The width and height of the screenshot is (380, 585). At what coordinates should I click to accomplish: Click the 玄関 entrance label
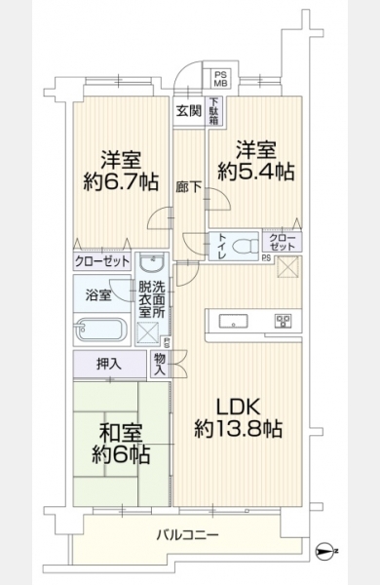189,111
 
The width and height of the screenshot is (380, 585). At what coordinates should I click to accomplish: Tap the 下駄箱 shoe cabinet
213,111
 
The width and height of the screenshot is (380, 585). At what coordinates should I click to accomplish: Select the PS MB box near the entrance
221,78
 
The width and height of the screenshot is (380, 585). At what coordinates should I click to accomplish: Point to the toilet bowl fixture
245,247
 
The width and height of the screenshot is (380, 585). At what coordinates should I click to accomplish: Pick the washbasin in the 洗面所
152,264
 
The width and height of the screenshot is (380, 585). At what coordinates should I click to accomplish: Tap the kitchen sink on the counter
233,321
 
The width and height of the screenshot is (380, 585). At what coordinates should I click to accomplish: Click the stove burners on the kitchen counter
283,321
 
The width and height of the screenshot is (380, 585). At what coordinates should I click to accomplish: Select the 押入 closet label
109,364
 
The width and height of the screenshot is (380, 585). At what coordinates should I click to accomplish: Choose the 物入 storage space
160,365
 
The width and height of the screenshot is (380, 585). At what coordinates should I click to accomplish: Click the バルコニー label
188,535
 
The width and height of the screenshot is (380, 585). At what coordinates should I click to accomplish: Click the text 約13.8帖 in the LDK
239,429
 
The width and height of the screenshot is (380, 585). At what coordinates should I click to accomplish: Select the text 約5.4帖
256,172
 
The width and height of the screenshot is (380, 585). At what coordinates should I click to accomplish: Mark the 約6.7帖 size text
121,181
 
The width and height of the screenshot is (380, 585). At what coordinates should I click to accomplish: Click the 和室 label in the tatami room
121,433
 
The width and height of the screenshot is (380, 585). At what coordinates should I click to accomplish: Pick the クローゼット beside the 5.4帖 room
283,242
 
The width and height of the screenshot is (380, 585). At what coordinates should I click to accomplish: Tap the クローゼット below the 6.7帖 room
102,260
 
